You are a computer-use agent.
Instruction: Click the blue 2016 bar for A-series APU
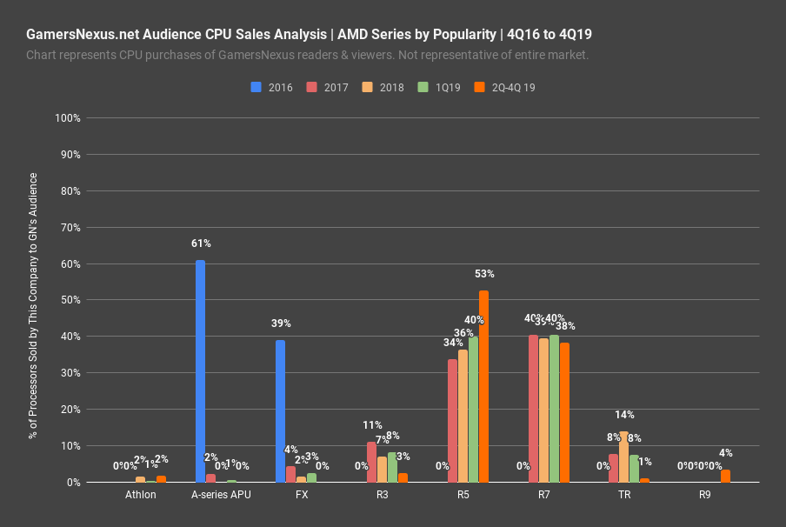200,371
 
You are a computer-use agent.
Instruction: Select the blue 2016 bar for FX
280,410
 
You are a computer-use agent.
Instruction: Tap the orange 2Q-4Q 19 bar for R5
483,386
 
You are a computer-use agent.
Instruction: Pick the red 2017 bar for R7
533,409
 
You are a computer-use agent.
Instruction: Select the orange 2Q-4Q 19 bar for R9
725,476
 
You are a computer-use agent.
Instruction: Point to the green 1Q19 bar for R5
473,409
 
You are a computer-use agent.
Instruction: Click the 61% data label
201,243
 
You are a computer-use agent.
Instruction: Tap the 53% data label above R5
484,273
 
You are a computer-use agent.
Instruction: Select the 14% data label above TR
624,415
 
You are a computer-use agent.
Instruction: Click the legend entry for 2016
272,88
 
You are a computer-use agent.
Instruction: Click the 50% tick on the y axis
70,300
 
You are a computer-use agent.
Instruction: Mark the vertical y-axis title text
34,304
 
